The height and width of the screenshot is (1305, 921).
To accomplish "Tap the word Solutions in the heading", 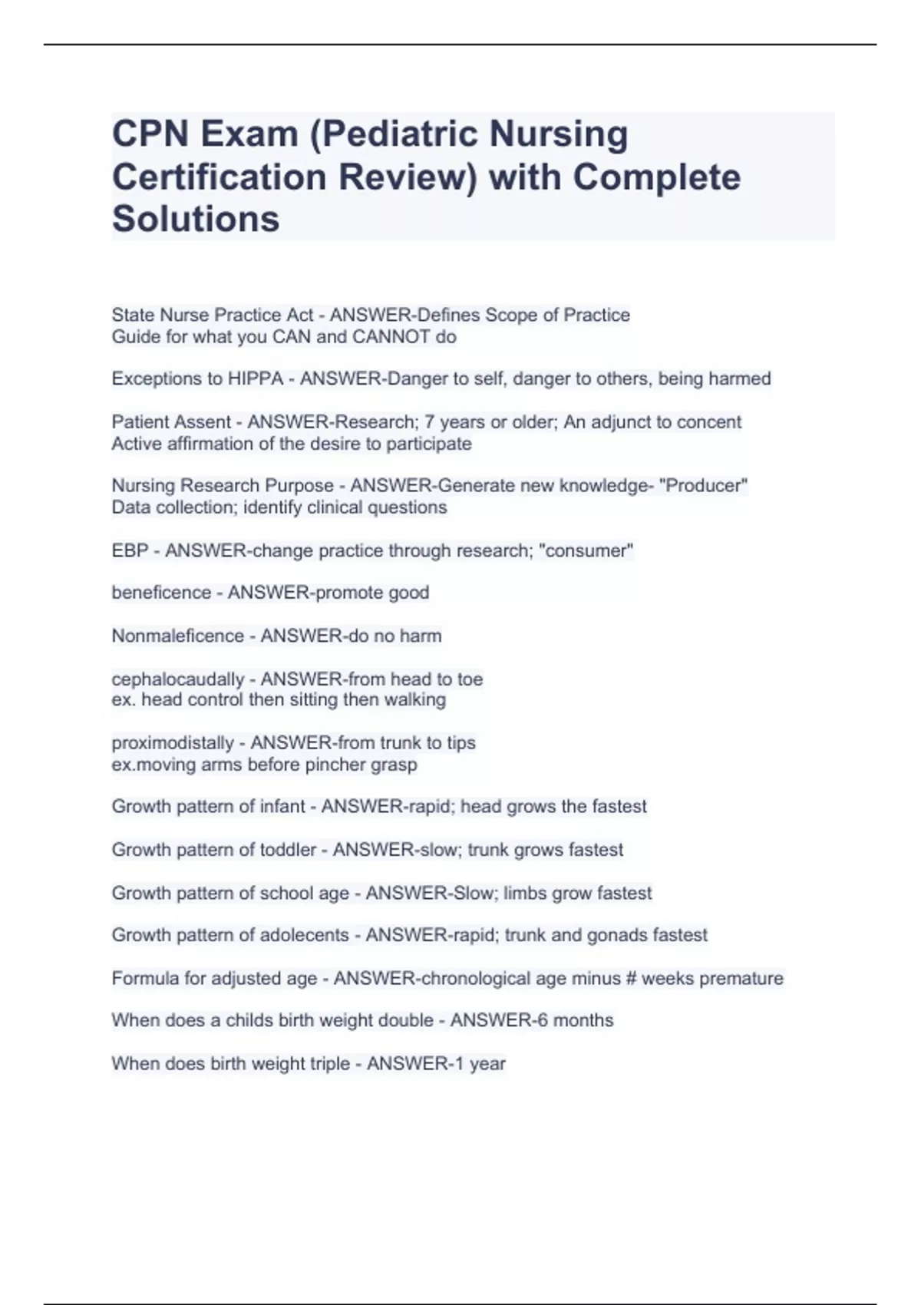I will click(196, 219).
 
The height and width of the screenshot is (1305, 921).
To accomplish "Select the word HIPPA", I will click(256, 379).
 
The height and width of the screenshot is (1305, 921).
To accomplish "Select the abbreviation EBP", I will click(130, 551).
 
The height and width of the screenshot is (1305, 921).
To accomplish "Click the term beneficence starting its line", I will click(161, 593).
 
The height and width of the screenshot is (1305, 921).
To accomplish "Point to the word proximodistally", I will click(173, 743).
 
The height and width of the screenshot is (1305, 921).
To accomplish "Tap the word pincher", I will click(339, 765).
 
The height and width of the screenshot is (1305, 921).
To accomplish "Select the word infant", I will click(282, 807).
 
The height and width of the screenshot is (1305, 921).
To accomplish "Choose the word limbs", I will click(526, 894).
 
